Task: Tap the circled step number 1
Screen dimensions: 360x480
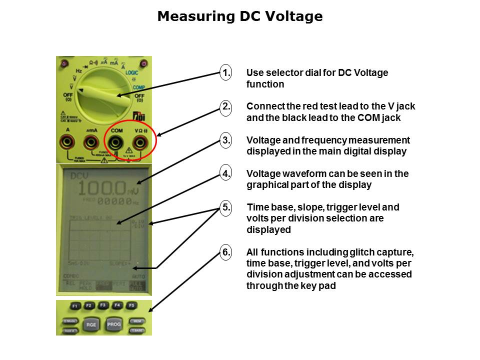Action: click(226, 73)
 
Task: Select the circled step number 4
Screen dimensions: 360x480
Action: click(226, 174)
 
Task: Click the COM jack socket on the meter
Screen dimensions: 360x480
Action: click(116, 144)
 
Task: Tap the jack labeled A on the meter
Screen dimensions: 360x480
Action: click(67, 144)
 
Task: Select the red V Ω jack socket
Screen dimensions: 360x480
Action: click(140, 144)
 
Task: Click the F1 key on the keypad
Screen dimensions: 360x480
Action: click(74, 305)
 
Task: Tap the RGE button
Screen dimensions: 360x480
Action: click(91, 324)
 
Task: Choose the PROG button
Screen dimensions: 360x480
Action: click(114, 324)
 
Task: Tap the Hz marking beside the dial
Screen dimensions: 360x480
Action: click(79, 71)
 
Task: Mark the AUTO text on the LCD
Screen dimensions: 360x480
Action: click(138, 276)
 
